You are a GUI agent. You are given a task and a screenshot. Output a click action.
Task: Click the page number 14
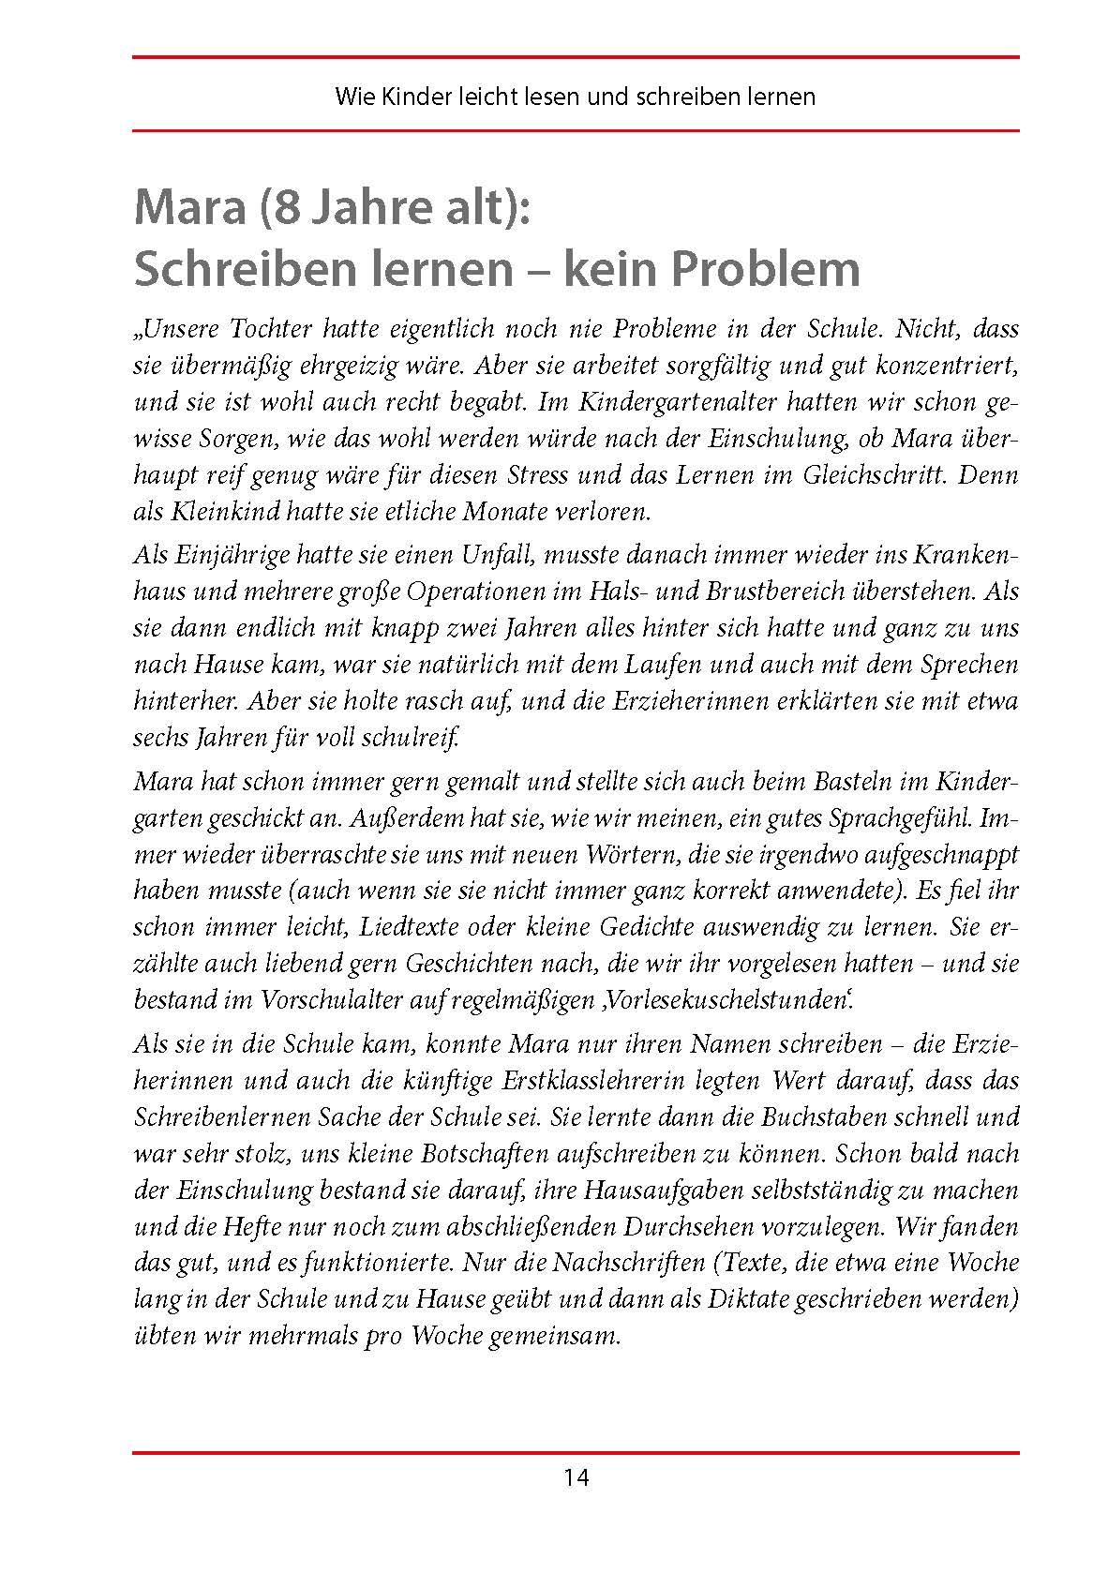(x=576, y=1477)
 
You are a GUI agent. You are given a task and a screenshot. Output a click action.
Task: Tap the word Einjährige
(x=225, y=555)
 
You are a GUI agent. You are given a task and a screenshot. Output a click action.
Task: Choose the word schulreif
(x=419, y=738)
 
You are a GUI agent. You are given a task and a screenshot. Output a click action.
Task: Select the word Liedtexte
(x=406, y=927)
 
